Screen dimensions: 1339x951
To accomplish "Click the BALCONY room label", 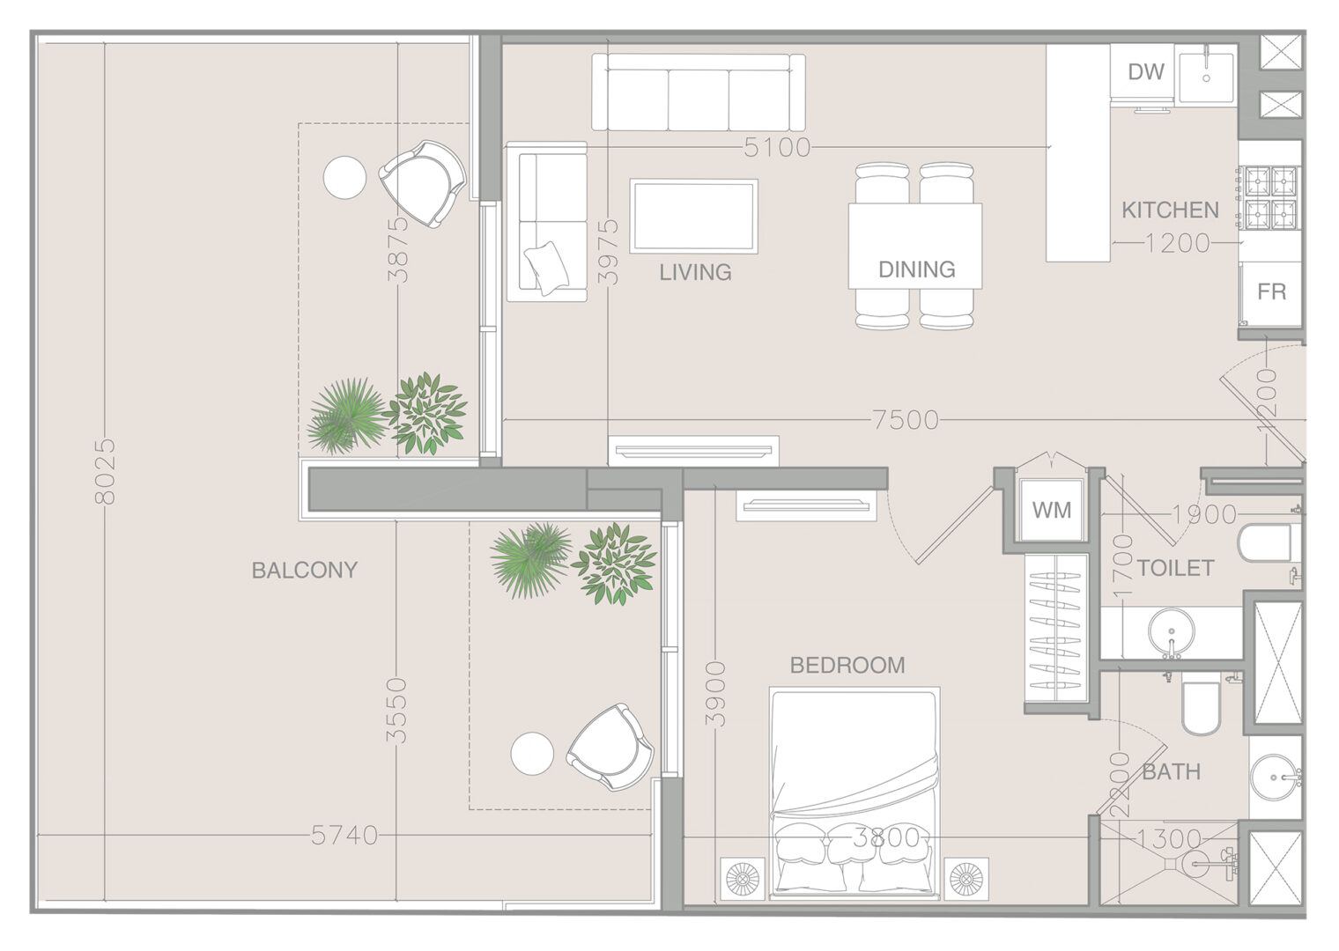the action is [304, 570].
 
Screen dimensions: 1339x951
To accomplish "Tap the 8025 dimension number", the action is [105, 472].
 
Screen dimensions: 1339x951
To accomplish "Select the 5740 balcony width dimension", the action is [344, 835].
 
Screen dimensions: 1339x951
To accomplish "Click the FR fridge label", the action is [1271, 291].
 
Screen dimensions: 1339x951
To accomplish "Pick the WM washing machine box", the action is [1052, 510].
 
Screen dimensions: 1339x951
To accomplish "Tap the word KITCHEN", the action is [1170, 210].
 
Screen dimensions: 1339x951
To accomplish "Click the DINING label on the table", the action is [916, 269].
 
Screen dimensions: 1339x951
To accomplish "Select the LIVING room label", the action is [695, 272].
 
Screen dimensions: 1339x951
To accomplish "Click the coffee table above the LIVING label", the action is [693, 217].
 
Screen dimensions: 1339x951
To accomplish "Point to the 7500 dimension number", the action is [906, 421].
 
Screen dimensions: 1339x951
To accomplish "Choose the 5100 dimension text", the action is [777, 148].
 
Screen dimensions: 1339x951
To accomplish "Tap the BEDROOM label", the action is [847, 666].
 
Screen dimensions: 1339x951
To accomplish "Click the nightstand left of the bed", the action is [743, 879].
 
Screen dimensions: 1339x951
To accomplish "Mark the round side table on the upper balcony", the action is [344, 177].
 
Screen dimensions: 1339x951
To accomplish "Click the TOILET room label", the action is [1175, 568].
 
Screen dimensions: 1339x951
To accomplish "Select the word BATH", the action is [1171, 771].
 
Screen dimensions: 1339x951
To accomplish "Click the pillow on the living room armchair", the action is [546, 269].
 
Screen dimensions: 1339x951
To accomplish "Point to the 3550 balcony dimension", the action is [396, 711].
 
